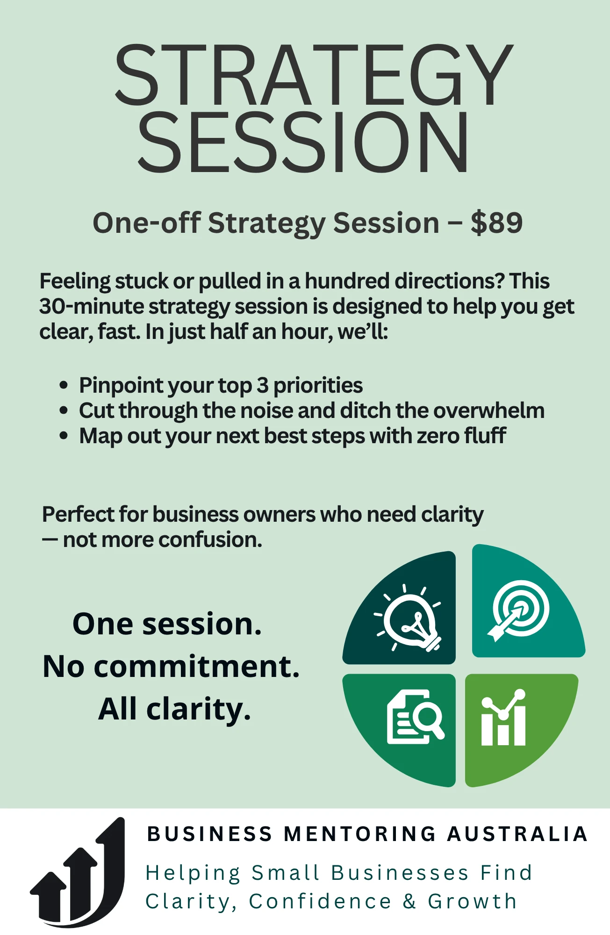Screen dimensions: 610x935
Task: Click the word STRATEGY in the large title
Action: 314,75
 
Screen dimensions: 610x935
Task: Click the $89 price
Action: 496,223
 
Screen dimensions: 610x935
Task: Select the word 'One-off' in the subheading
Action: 147,223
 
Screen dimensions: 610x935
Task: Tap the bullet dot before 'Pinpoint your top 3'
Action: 64,386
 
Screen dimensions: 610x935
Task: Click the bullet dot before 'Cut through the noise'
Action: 64,411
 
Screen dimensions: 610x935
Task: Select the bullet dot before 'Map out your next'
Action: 64,436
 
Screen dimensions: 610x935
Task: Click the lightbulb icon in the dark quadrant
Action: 409,618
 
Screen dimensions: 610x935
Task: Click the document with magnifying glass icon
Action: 415,717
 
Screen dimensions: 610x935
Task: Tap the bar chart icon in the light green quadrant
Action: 503,718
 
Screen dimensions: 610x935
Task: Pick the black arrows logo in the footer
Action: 78,872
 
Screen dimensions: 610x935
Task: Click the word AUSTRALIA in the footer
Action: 517,834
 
